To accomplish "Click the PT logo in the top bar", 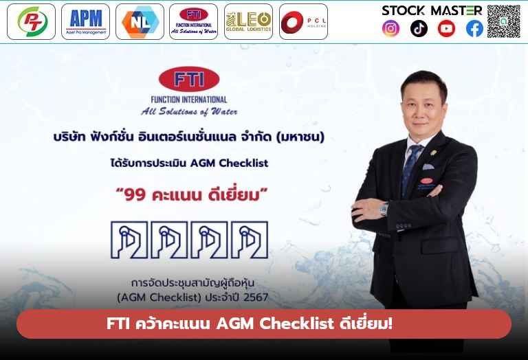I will (x=31, y=21).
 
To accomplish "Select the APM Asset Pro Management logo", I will (x=85, y=21).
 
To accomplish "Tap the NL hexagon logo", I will (x=140, y=21).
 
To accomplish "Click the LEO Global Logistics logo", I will (x=248, y=21).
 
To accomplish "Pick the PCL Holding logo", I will (x=303, y=21).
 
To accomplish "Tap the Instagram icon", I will (x=390, y=28).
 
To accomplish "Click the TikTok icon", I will (x=419, y=28).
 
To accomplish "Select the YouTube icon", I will (x=446, y=28).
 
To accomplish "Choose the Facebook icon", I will (x=474, y=28).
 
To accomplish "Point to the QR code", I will (x=504, y=21).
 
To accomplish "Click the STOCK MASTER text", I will (x=432, y=10).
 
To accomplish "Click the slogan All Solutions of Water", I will (x=188, y=111).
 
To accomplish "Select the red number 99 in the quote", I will (x=138, y=195).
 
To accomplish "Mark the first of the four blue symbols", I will (x=129, y=240).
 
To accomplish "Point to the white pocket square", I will (x=428, y=166).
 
